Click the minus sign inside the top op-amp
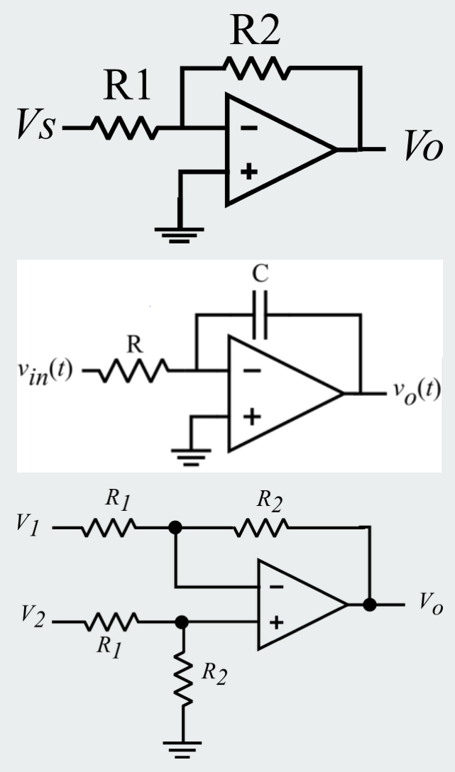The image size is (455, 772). point(248,128)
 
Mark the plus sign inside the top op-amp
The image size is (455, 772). point(247,172)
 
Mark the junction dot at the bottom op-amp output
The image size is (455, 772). point(369,605)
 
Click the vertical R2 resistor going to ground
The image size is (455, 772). point(183,677)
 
